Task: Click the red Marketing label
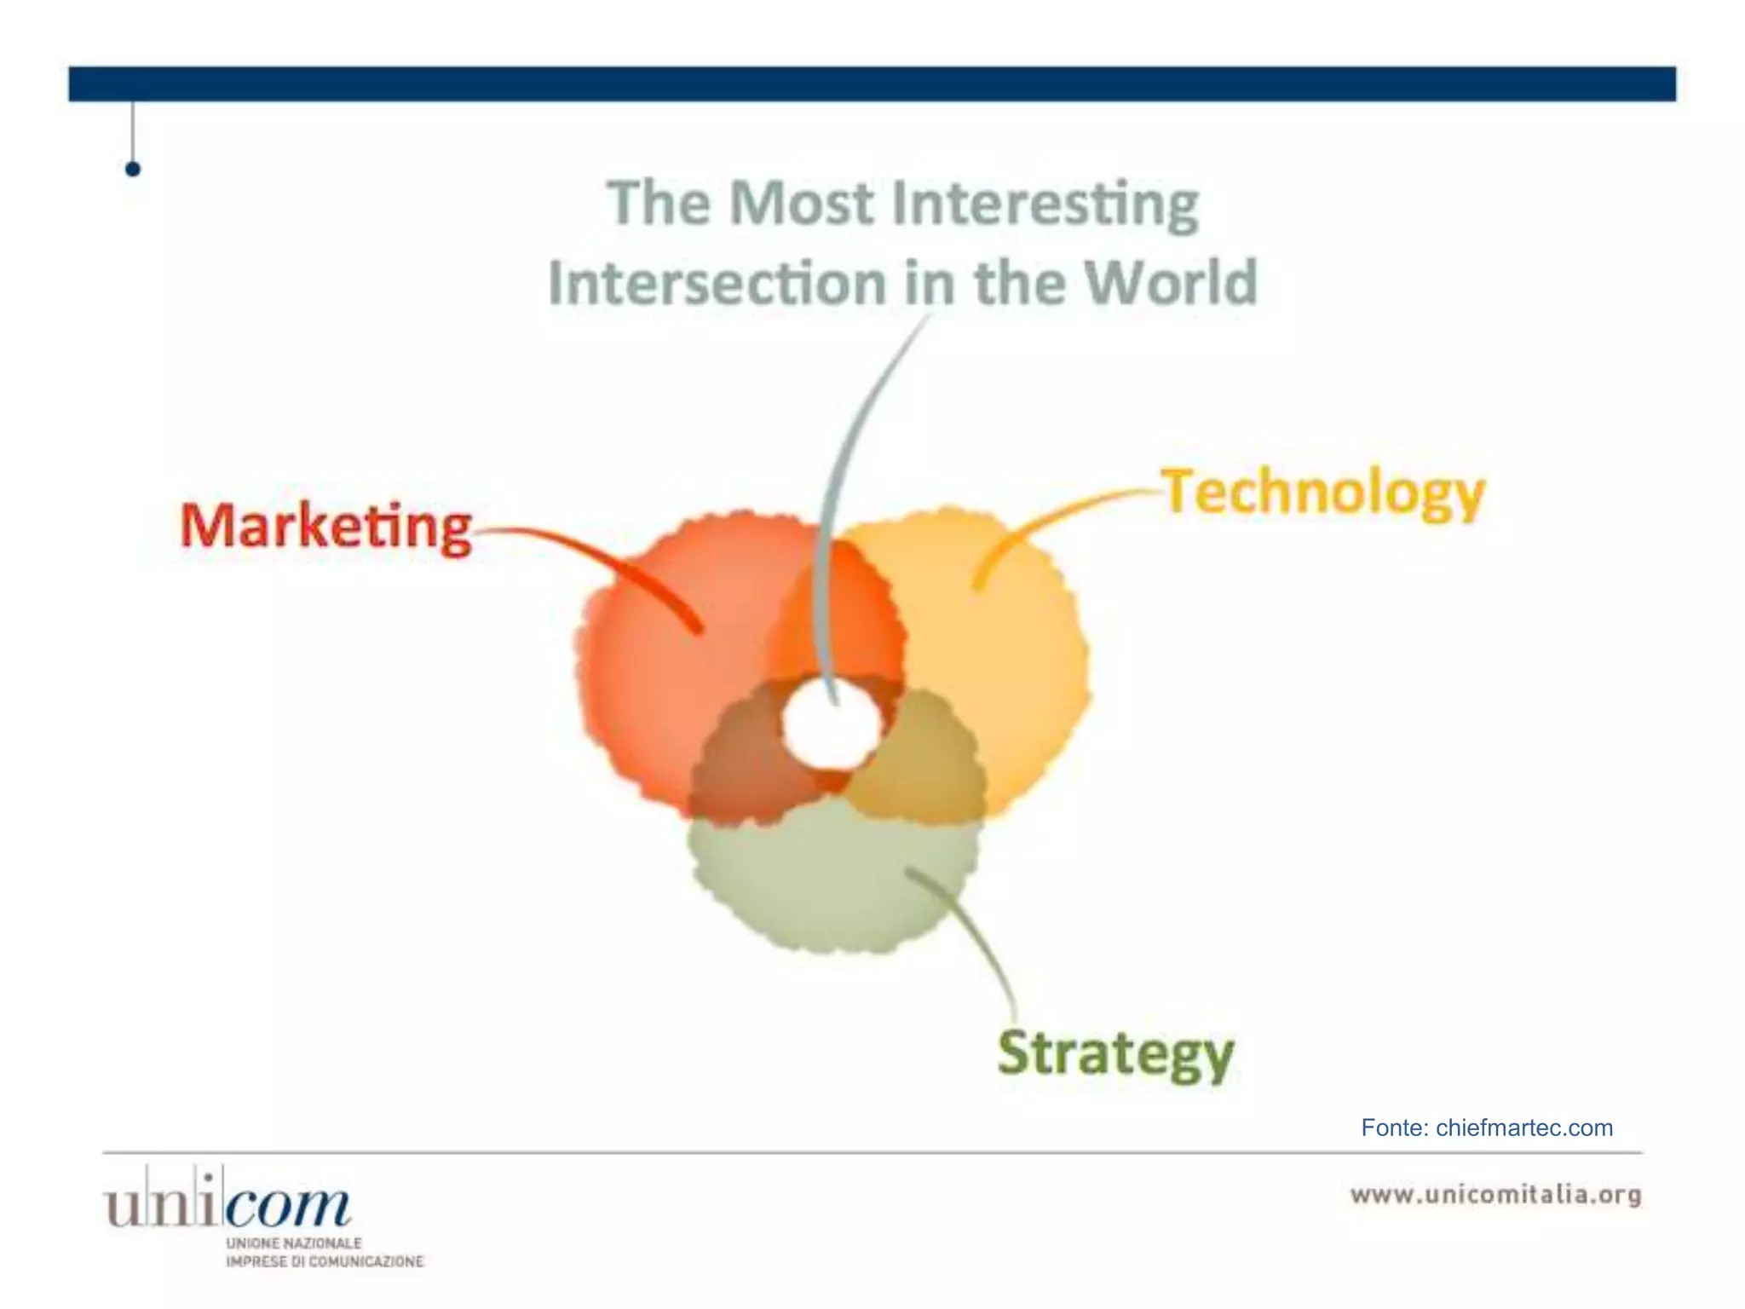tap(326, 526)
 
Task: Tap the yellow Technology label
tap(1323, 493)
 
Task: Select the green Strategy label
tap(1115, 1054)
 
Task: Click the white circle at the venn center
tap(831, 727)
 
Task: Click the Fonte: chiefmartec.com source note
tap(1487, 1127)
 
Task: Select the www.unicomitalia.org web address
tap(1496, 1194)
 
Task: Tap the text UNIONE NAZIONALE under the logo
tap(294, 1243)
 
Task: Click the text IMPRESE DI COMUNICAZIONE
tap(325, 1261)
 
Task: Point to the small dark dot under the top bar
tap(132, 169)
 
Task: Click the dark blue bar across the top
tap(872, 84)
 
